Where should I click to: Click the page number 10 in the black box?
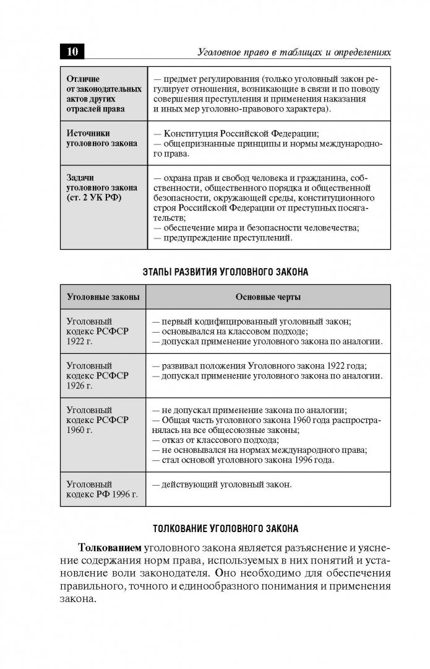click(72, 51)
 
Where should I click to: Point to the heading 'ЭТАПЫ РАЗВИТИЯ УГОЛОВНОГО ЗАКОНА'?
click(225, 272)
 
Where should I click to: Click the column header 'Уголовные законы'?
click(103, 297)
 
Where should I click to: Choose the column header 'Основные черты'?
click(268, 297)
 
